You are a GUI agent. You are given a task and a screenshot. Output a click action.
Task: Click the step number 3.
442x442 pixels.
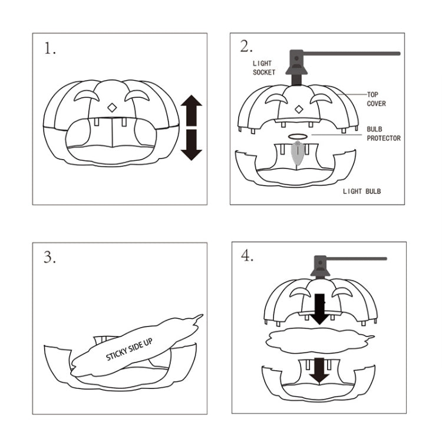(x=50, y=257)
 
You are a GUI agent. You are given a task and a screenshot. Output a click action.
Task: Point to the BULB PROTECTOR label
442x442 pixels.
(x=383, y=133)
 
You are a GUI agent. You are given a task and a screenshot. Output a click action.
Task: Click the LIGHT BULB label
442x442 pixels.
(x=362, y=192)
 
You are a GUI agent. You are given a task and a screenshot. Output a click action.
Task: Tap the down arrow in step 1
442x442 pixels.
(x=191, y=144)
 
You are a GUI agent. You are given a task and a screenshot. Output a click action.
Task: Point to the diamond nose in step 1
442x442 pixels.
(x=111, y=108)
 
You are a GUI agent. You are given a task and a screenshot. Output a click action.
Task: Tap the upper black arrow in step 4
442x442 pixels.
(x=319, y=308)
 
